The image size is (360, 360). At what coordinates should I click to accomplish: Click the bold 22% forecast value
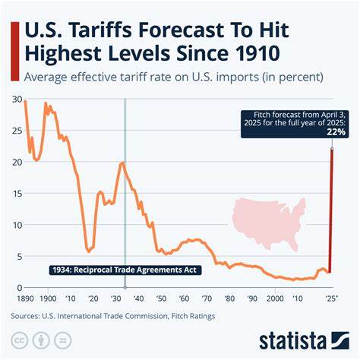click(337, 131)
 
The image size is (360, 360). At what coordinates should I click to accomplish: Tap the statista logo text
click(302, 338)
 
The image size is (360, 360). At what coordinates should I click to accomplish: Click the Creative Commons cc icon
click(22, 339)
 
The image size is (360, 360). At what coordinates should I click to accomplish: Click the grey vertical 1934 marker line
click(124, 190)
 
